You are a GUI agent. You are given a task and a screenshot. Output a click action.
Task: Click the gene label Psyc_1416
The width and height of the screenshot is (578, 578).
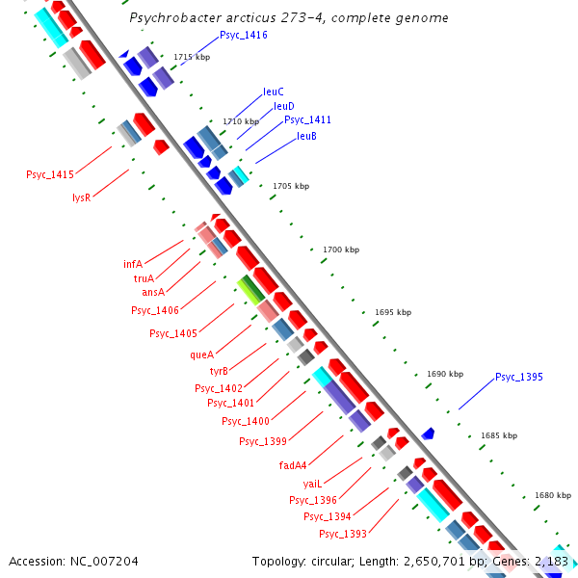[243, 35]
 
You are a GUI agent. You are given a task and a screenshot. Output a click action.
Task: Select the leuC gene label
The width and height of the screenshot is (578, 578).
[274, 92]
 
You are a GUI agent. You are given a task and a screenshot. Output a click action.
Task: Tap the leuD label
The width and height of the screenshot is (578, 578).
[284, 106]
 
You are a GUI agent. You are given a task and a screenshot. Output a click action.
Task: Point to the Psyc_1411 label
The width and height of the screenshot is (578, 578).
[307, 119]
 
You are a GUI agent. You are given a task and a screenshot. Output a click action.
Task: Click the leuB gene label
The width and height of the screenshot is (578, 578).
[306, 136]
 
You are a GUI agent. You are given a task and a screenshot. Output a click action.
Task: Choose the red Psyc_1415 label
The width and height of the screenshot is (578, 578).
[50, 174]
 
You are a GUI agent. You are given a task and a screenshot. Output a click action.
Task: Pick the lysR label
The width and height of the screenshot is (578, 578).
[81, 197]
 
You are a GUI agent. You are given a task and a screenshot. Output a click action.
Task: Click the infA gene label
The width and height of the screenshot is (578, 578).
[133, 263]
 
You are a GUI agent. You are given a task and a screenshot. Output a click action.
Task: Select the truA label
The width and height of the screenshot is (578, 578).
[144, 277]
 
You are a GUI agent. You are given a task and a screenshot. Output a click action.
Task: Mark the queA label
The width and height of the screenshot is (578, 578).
[201, 354]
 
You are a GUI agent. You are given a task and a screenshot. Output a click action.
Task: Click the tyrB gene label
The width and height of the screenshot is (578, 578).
[219, 370]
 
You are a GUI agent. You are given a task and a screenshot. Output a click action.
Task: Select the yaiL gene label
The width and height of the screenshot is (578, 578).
[311, 483]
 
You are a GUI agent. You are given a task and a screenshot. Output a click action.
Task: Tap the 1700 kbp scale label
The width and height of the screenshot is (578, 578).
[340, 250]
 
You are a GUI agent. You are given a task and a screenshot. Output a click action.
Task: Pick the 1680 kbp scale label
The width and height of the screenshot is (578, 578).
[552, 495]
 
